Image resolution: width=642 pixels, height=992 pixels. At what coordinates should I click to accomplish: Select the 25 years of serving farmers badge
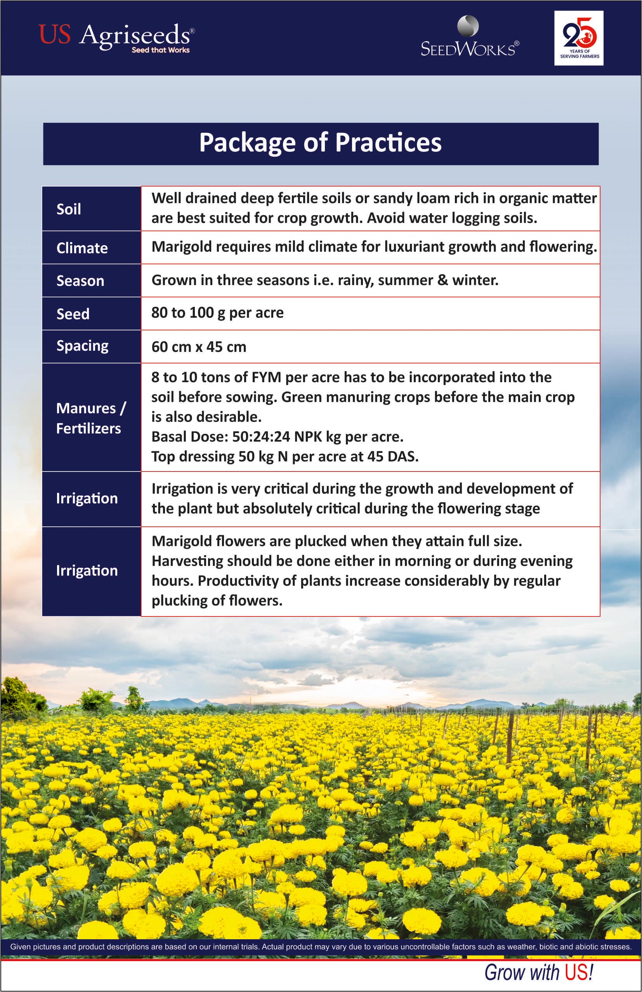click(579, 38)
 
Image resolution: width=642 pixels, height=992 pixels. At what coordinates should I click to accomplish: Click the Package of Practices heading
click(320, 143)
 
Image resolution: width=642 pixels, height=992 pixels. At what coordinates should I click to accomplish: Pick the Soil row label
click(69, 209)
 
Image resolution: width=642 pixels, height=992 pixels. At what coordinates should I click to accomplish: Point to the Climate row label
click(82, 248)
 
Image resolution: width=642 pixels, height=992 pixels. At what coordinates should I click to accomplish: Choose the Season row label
click(80, 281)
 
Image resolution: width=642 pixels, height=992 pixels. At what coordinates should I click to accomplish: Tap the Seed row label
click(73, 314)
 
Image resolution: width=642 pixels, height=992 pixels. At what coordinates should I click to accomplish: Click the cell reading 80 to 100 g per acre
click(217, 313)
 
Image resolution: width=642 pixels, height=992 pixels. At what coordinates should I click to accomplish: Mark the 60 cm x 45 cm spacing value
click(199, 347)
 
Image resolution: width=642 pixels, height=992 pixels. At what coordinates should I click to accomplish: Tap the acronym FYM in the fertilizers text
click(266, 377)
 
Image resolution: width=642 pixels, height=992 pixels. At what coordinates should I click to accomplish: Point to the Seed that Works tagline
click(160, 50)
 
